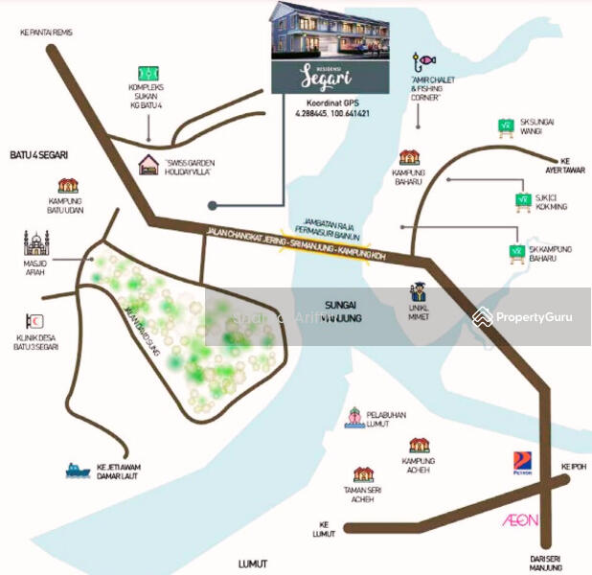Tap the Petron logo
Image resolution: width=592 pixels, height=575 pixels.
[x=521, y=462]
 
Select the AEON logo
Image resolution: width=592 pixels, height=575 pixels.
[x=521, y=520]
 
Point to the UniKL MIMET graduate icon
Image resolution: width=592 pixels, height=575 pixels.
[x=418, y=292]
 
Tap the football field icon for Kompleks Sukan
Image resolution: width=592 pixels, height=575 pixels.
[x=148, y=73]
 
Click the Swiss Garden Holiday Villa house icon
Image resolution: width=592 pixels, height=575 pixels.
[x=149, y=165]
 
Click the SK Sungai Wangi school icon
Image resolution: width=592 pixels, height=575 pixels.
[x=506, y=125]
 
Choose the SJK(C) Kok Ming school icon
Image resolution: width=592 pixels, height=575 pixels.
[x=523, y=199]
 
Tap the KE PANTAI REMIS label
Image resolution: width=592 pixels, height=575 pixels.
[x=46, y=32]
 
